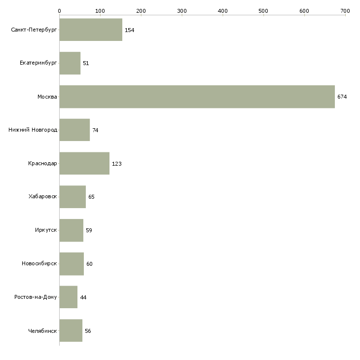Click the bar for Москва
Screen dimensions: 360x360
point(197,97)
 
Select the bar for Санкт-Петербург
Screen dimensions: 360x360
point(91,30)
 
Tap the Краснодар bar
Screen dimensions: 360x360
point(84,163)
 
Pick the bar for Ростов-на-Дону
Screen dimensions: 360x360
point(68,297)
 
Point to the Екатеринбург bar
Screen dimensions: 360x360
point(70,63)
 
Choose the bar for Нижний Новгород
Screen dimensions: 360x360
point(74,130)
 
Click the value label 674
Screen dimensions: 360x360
point(342,97)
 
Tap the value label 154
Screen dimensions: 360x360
point(130,30)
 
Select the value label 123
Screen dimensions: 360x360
point(117,164)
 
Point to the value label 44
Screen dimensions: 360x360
point(83,297)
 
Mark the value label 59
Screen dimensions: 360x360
point(89,230)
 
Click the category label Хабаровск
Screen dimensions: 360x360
point(43,197)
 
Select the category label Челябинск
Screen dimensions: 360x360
point(43,331)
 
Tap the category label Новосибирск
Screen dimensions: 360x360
point(39,264)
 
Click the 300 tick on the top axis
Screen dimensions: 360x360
point(182,10)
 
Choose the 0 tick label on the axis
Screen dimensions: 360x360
point(59,10)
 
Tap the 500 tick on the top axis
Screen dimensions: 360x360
point(264,10)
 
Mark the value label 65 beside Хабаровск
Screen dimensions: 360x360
point(91,197)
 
